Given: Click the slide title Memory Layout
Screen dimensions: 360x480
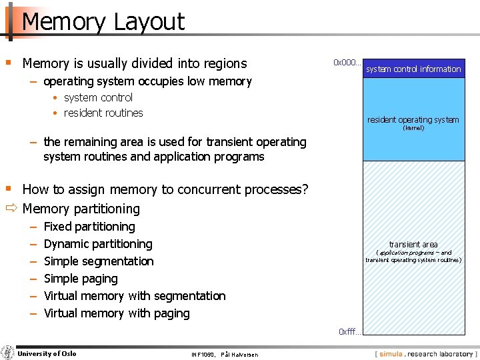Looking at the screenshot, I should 103,21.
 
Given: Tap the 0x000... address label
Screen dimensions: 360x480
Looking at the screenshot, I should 347,63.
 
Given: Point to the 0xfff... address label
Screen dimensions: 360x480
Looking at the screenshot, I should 349,331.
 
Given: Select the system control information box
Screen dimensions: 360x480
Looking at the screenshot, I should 413,69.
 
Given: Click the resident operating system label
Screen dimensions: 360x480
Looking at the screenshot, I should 413,120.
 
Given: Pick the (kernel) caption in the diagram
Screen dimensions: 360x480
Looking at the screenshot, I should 413,128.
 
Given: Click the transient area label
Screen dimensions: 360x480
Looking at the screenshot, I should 413,245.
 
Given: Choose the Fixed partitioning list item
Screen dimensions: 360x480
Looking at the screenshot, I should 89,227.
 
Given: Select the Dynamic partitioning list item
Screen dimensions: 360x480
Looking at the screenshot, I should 97,244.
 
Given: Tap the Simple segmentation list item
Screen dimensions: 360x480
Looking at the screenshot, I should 98,261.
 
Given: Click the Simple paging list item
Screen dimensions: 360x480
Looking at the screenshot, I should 80,279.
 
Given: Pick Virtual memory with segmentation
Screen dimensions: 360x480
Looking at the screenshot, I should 134,296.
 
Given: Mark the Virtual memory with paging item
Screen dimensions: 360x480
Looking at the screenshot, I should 116,313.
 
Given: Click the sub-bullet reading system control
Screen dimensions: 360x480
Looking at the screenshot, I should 98,97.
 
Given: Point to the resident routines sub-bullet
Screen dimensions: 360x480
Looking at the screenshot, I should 103,113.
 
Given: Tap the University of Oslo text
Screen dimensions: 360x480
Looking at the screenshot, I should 47,353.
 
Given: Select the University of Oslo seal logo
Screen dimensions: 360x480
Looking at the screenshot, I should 8,353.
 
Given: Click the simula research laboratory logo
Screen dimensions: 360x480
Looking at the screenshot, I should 426,354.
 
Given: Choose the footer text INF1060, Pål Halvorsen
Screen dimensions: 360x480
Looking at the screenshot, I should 225,355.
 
